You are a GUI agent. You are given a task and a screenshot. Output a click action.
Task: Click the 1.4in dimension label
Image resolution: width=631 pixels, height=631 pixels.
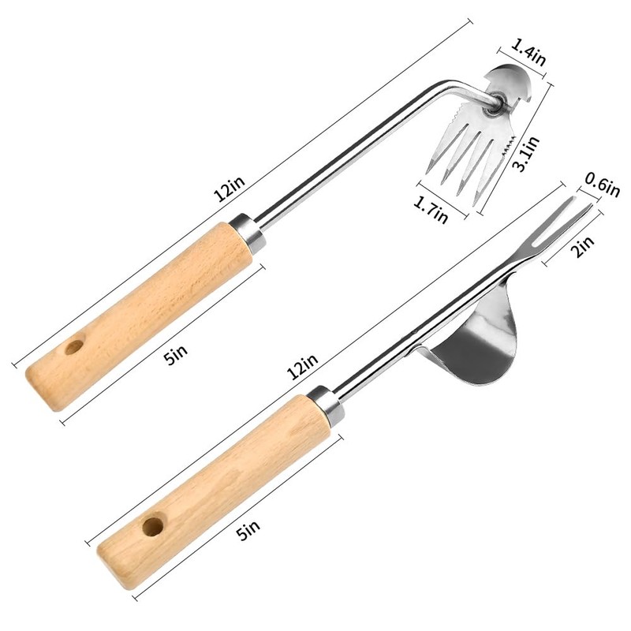click(x=528, y=52)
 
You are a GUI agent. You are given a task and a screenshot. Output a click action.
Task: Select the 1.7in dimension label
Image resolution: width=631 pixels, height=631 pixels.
click(x=431, y=209)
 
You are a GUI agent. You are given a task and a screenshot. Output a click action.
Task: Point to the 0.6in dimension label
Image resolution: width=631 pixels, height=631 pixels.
click(x=602, y=185)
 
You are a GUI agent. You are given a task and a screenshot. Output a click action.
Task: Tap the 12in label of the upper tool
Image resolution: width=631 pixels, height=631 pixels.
click(x=230, y=189)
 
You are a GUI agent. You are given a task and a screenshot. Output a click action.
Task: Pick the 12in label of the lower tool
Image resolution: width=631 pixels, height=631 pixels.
click(x=303, y=366)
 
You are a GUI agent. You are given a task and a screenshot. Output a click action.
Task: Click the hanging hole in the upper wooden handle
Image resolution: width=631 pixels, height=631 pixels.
click(x=74, y=347)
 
